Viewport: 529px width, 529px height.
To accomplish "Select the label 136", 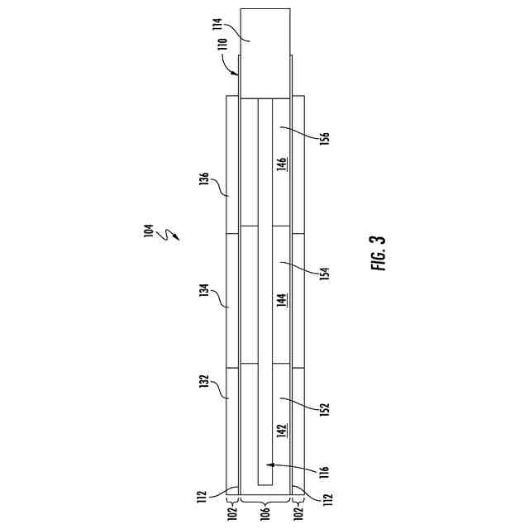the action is pos(203,181).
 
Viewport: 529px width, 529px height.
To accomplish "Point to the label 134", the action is pos(203,294).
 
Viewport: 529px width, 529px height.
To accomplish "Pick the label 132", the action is pos(203,385).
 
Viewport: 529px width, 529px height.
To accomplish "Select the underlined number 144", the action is pos(282,300).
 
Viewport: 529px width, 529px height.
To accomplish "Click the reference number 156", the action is pos(324,137).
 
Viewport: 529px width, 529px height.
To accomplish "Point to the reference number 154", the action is pos(324,274).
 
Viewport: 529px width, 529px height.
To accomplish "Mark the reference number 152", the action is pos(324,411).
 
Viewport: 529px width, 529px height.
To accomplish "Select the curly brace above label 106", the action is pos(264,501).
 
